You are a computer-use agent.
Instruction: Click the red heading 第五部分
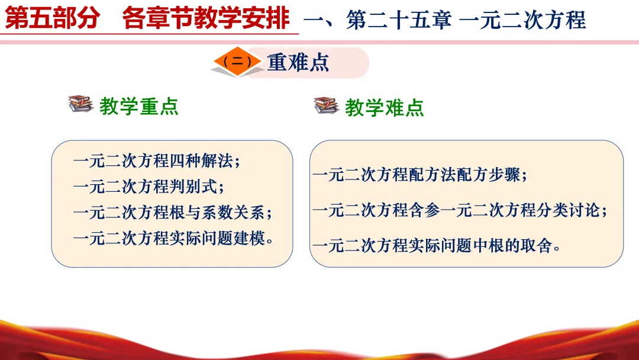tap(52, 18)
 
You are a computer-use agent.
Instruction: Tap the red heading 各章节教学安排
tap(206, 18)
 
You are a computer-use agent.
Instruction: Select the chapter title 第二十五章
tap(399, 20)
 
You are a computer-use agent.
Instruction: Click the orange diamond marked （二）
tap(237, 62)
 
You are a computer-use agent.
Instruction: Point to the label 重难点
tap(298, 62)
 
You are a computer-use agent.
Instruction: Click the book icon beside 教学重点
tap(81, 104)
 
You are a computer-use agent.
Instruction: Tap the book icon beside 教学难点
tap(327, 105)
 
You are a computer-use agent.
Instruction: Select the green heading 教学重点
tap(139, 107)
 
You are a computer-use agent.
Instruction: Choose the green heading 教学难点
tap(385, 108)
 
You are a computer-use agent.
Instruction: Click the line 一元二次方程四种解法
tap(157, 160)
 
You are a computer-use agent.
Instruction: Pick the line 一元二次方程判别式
tap(149, 187)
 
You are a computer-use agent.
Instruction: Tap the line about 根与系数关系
tap(173, 213)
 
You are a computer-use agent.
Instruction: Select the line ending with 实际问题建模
tap(173, 238)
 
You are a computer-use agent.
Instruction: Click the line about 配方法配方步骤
tap(420, 175)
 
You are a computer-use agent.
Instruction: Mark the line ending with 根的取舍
tap(437, 246)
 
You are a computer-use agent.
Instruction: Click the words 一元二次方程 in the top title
tap(522, 20)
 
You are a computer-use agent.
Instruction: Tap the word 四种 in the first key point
tap(185, 160)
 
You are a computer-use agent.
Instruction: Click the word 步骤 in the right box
tap(504, 175)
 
